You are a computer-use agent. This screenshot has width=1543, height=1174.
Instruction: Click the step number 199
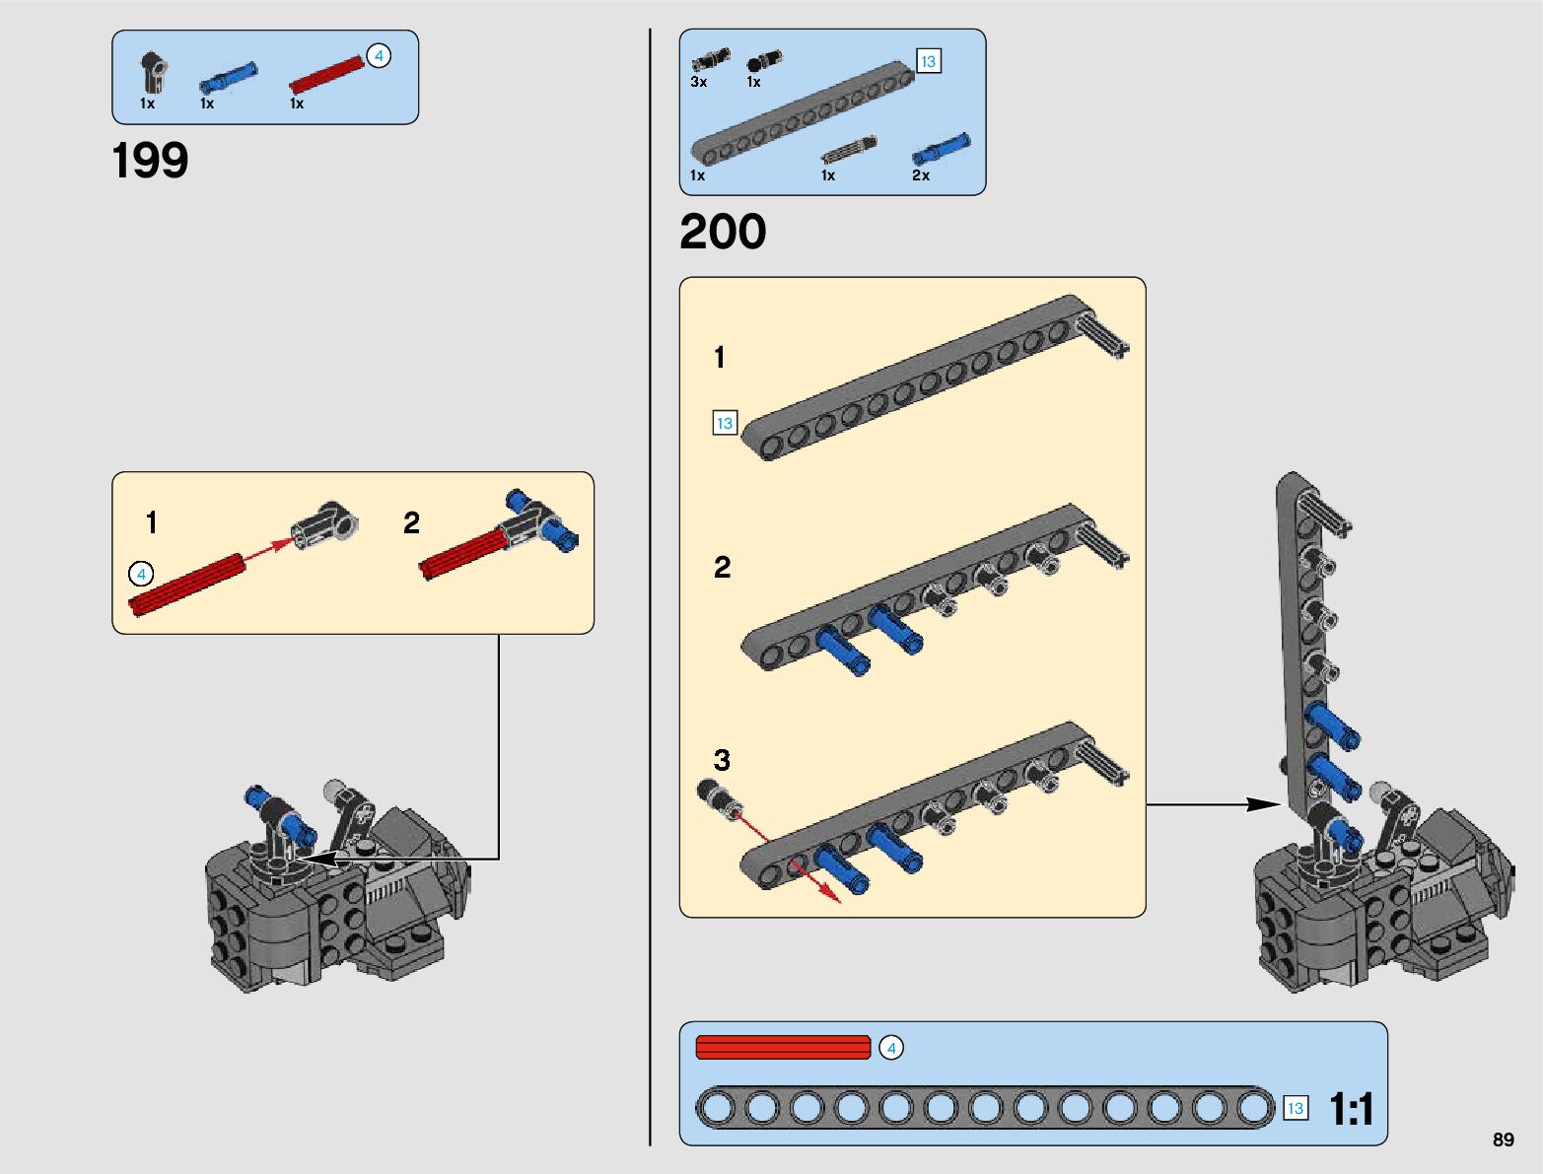[x=150, y=161]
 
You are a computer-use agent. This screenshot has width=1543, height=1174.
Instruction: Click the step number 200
[x=723, y=231]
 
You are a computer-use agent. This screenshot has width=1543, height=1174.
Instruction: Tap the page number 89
[x=1503, y=1139]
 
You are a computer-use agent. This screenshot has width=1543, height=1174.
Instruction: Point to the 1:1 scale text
[x=1351, y=1109]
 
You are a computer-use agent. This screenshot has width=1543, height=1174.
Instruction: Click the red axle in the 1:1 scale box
[x=783, y=1047]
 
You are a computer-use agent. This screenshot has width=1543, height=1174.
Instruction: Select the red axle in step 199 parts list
[x=327, y=75]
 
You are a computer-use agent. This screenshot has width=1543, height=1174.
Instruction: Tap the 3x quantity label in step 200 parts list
[x=698, y=82]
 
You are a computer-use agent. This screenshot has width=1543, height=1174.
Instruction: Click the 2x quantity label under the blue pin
[x=920, y=174]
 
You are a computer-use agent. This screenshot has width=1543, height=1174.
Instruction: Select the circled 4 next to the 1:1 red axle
[x=891, y=1048]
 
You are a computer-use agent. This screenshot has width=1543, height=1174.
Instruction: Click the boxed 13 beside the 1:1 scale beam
[x=1296, y=1108]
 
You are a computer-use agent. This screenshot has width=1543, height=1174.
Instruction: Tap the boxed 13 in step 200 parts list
[x=928, y=61]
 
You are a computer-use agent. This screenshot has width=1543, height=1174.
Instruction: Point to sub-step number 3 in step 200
[x=722, y=759]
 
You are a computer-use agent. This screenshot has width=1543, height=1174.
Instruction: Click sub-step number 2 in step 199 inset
[x=411, y=522]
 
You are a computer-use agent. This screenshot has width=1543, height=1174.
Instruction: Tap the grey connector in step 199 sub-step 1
[x=324, y=526]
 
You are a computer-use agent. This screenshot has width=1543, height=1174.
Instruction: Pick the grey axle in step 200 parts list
[x=849, y=150]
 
